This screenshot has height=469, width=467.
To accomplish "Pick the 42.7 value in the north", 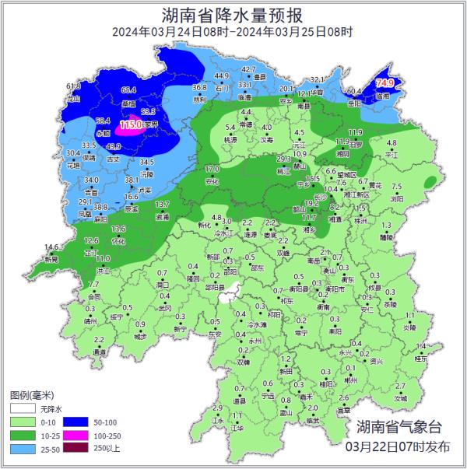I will (248, 69).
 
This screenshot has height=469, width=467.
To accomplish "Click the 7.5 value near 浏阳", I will (396, 187).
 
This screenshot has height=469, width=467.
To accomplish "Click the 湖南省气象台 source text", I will (399, 427).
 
